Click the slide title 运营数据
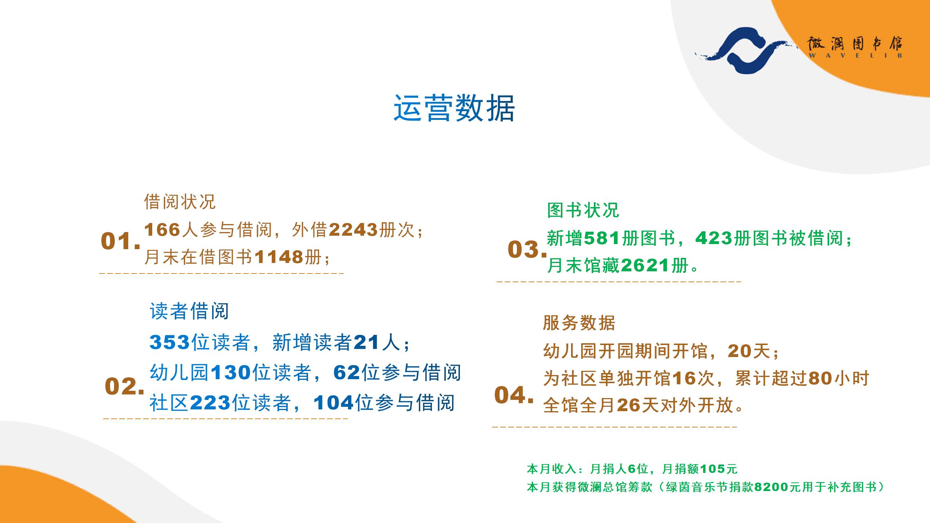pos(454,108)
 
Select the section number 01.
pos(121,241)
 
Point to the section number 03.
pos(527,249)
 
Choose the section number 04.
pos(514,395)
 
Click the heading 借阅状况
pos(180,202)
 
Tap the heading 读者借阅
pos(189,311)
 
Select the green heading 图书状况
pos(583,210)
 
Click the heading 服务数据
pos(579,323)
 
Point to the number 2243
pos(353,230)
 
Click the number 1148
pos(279,257)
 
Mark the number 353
pos(170,342)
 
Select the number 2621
pos(645,265)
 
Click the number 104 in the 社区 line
pos(333,403)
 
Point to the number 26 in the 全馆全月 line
pos(629,405)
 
